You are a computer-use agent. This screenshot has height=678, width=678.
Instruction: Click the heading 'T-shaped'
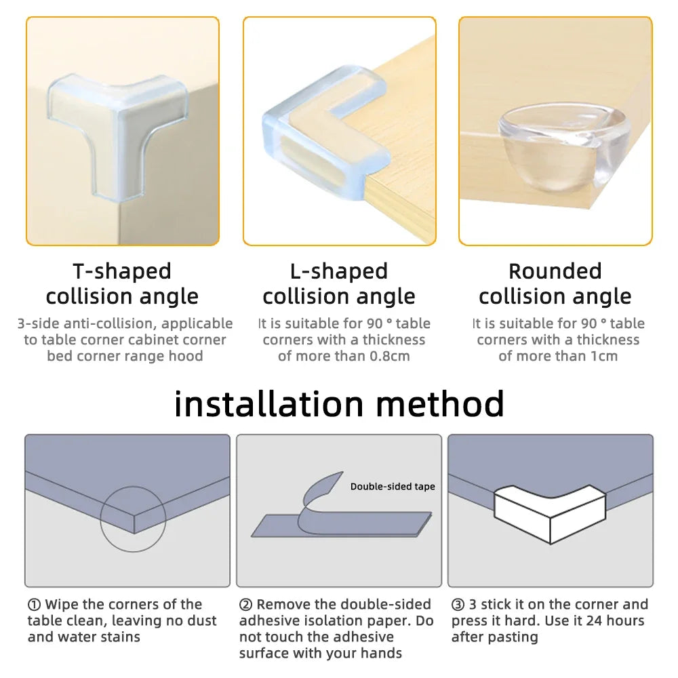tap(122, 271)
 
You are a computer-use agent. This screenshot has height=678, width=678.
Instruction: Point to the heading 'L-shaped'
tap(339, 271)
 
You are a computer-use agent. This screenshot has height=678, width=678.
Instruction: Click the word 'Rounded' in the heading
tap(555, 271)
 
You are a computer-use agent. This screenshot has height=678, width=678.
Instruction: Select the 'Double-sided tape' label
tap(393, 487)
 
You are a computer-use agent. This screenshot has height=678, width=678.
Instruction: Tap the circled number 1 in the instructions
tap(34, 605)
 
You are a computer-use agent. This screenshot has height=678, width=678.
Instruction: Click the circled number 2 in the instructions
tap(246, 605)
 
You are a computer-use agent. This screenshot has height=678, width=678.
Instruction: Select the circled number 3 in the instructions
tap(458, 605)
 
